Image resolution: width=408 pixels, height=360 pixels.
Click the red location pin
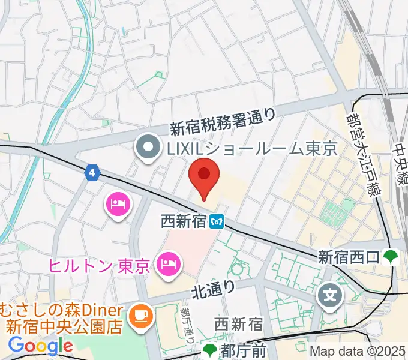point(204,176)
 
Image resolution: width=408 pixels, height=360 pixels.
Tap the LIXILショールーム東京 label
point(251,149)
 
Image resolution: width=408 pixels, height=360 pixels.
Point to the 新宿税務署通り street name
point(223,120)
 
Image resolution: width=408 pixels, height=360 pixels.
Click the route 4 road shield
point(91,173)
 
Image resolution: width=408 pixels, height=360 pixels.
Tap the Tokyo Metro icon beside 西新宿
point(217,223)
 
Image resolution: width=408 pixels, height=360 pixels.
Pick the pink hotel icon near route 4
point(118,204)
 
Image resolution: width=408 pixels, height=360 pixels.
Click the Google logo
point(40,346)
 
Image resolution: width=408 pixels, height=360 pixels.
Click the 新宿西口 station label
point(348,257)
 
